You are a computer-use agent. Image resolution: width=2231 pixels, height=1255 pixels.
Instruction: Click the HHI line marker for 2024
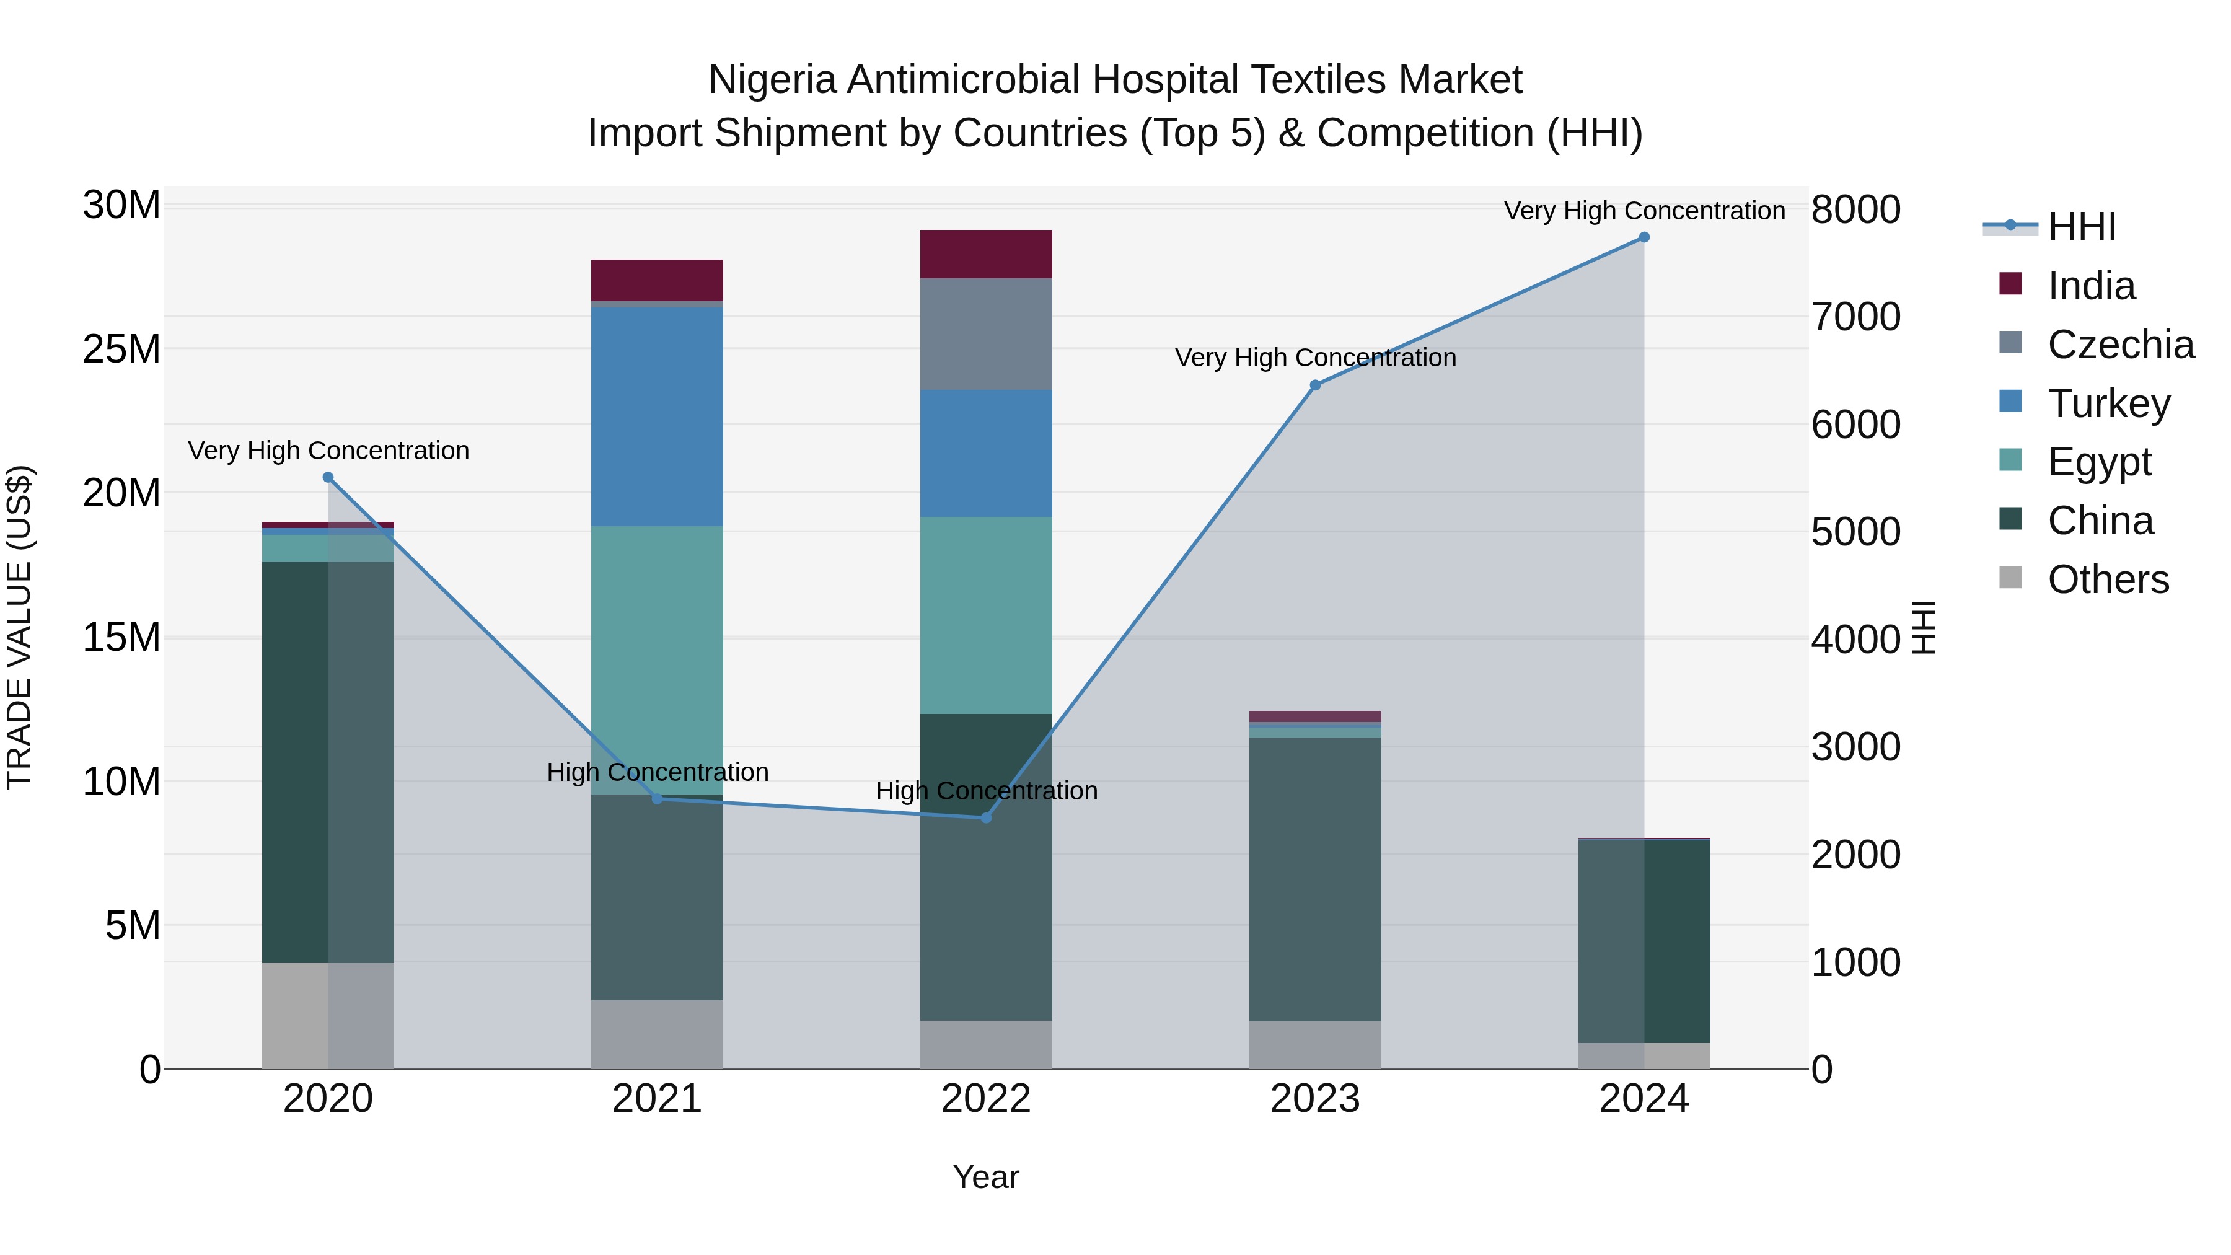click(1644, 237)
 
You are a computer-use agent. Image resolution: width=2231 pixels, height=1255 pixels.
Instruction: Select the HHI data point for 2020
click(328, 477)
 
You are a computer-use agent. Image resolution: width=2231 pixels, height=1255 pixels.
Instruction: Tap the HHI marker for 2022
click(985, 817)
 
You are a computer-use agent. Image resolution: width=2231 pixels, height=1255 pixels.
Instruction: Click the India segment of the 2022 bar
click(985, 253)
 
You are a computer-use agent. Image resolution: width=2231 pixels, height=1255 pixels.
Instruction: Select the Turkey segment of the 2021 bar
click(656, 416)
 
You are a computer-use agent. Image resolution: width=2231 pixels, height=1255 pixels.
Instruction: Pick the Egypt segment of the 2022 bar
click(985, 615)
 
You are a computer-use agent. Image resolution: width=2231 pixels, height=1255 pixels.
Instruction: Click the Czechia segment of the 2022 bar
click(985, 333)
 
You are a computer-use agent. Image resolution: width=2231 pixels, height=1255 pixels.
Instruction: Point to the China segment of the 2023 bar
click(1314, 879)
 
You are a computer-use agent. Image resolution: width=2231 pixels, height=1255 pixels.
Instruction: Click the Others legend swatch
click(2010, 578)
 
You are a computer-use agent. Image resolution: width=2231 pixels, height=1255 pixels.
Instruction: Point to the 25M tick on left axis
click(121, 349)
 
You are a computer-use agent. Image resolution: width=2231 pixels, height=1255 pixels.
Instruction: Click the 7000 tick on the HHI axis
click(1855, 317)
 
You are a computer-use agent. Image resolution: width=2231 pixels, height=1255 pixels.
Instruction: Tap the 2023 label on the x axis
click(1314, 1099)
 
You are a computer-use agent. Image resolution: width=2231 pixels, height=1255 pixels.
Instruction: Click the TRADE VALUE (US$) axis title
click(19, 627)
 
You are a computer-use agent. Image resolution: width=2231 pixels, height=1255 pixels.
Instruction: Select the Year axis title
click(985, 1177)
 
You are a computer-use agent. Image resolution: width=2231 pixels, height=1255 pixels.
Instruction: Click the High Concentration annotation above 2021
click(658, 772)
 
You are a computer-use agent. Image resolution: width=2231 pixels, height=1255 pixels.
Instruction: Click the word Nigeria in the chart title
click(772, 80)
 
